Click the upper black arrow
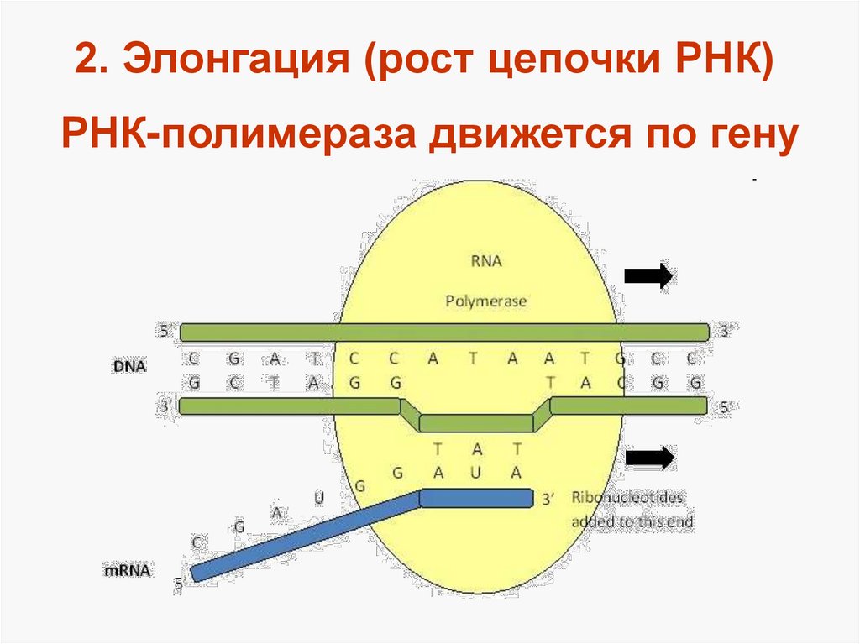pyautogui.click(x=649, y=275)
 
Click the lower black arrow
pyautogui.click(x=649, y=458)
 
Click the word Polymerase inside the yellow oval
pyautogui.click(x=486, y=301)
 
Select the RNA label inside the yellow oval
pyautogui.click(x=486, y=261)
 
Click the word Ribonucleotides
pyautogui.click(x=627, y=497)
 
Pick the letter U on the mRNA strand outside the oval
pyautogui.click(x=318, y=496)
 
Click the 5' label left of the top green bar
pyautogui.click(x=165, y=332)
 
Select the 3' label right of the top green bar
pyautogui.click(x=725, y=332)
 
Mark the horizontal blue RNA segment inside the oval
pyautogui.click(x=476, y=499)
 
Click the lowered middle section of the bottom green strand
pyautogui.click(x=475, y=421)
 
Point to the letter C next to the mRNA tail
pyautogui.click(x=197, y=542)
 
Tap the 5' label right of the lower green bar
pyautogui.click(x=725, y=406)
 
